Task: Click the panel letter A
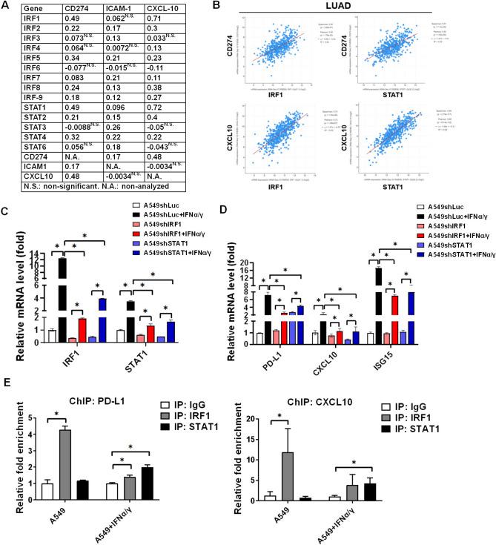click(6, 6)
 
